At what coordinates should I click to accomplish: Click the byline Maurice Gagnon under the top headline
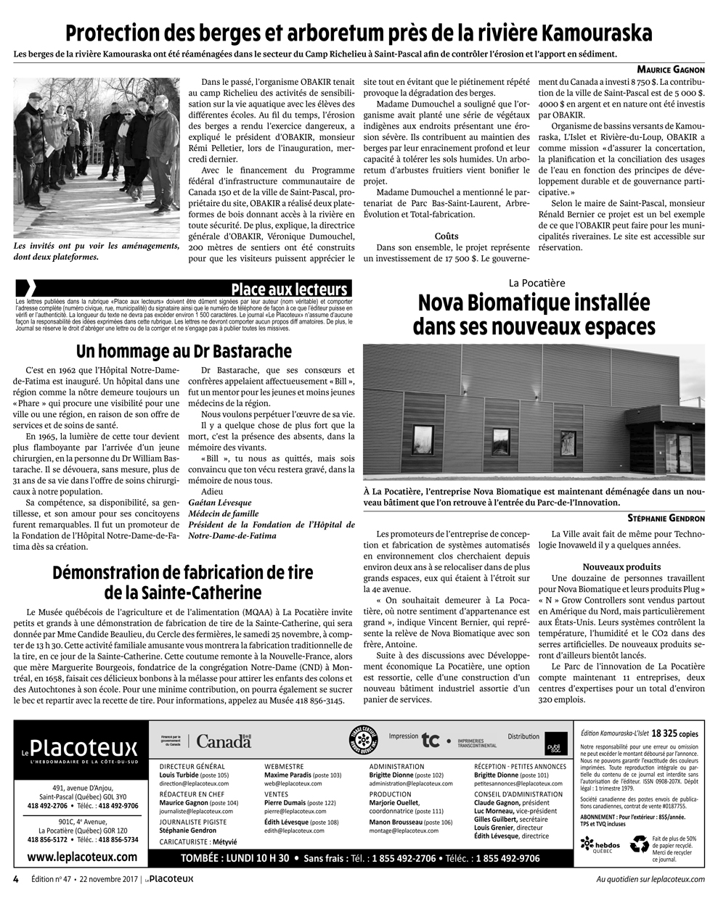click(x=671, y=70)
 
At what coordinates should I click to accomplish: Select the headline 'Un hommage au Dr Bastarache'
click(x=184, y=352)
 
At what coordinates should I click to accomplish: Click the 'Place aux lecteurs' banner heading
click(x=289, y=289)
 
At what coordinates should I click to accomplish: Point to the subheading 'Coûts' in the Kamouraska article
click(x=446, y=236)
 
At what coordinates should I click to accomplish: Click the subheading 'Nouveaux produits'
click(x=621, y=567)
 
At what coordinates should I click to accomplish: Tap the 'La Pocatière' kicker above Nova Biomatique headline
click(x=537, y=283)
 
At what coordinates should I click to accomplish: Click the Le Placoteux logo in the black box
click(x=79, y=749)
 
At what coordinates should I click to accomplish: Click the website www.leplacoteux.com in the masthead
click(x=81, y=857)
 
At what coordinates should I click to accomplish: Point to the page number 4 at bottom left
click(x=15, y=879)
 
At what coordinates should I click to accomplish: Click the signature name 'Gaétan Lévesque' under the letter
click(x=220, y=503)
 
